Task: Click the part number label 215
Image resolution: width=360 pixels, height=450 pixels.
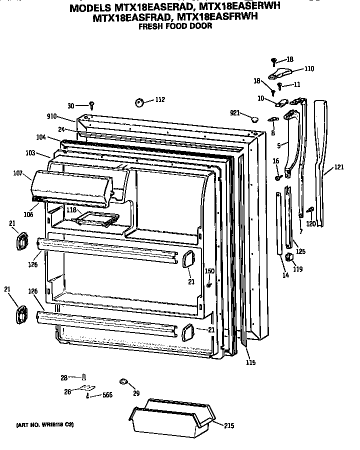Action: [x=229, y=425]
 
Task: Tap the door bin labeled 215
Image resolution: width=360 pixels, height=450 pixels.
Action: [x=171, y=417]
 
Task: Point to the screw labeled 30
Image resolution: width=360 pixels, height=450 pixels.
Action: [x=92, y=104]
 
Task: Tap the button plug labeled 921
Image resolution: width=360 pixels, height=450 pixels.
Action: [x=253, y=118]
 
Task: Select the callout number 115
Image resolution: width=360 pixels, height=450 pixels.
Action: [x=250, y=362]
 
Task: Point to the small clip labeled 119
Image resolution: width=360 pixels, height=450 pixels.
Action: [x=288, y=257]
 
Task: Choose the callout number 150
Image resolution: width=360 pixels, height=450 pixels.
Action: [x=209, y=271]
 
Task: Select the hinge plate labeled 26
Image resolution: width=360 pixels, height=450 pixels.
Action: [x=87, y=388]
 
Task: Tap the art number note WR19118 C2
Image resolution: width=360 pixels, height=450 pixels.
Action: [x=45, y=424]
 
